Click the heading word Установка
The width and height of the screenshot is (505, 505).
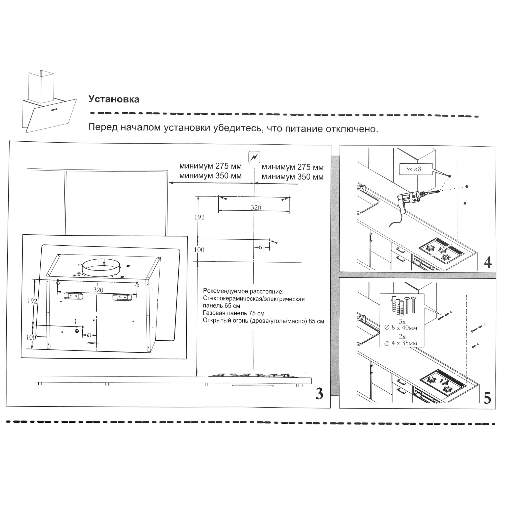point(114,99)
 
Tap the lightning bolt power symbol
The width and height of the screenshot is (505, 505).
point(254,157)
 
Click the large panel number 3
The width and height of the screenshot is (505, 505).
point(319,394)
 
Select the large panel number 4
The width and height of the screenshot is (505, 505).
point(488,262)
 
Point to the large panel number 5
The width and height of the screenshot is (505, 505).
point(487,398)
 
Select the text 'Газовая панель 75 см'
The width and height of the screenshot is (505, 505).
point(233,313)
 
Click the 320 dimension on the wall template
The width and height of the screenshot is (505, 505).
point(256,208)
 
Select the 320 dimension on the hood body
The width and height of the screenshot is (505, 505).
point(98,290)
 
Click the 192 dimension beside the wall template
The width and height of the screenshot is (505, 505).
point(199,217)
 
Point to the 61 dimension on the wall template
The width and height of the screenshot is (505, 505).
point(262,247)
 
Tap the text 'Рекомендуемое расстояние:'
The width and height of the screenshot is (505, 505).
point(243,291)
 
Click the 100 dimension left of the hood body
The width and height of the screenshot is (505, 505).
point(31,337)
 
